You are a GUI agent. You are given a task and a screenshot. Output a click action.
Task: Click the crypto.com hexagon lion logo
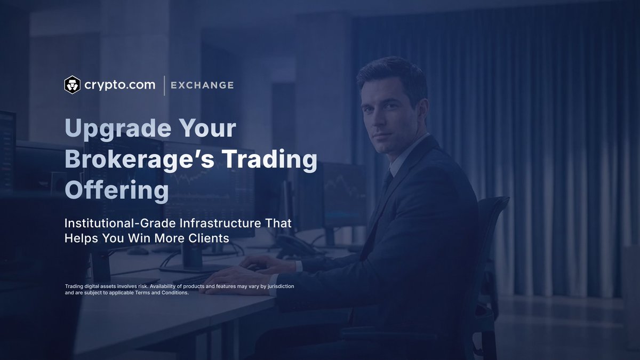tap(72, 85)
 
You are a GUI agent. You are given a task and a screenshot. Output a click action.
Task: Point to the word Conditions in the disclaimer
tap(172, 293)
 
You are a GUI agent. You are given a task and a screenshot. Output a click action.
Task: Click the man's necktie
tap(386, 184)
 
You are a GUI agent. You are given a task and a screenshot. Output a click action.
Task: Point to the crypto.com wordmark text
tap(120, 85)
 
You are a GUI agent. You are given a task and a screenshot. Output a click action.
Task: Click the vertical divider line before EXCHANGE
tap(164, 85)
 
